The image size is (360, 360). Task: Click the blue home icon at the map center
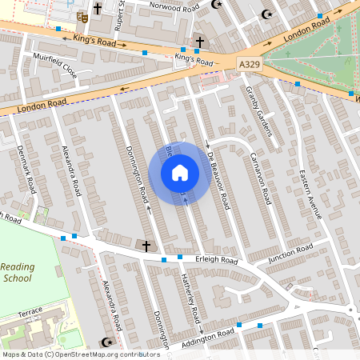(x=179, y=172)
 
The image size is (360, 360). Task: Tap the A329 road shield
(x=250, y=62)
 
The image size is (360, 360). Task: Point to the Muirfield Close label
(x=54, y=65)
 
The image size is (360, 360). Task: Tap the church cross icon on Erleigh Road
(x=145, y=246)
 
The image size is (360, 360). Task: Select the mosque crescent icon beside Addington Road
(x=102, y=342)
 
